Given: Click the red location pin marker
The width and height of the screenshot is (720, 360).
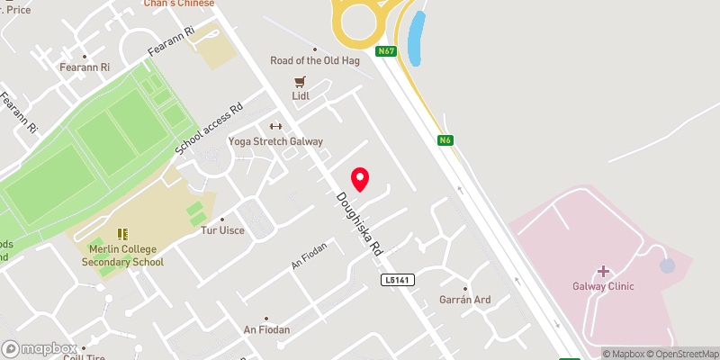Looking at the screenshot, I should tap(360, 179).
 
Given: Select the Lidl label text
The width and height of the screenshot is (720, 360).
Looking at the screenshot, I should tap(301, 94).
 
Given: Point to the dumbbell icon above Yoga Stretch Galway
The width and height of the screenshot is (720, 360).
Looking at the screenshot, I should tap(275, 126).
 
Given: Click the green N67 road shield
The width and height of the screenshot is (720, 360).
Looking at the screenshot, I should tap(387, 51).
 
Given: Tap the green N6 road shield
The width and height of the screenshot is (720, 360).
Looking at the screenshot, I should tap(445, 140).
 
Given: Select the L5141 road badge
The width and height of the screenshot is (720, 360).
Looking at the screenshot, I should tap(396, 281).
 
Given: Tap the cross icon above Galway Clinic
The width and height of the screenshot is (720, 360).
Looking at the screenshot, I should tap(602, 271).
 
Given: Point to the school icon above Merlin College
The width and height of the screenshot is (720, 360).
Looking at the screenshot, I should tap(122, 234).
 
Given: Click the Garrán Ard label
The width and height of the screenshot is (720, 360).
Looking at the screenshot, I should tap(464, 300).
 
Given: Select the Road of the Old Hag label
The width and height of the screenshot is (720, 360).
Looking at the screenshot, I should tap(314, 61).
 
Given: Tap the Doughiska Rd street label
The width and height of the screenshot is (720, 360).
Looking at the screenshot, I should tap(360, 221).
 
